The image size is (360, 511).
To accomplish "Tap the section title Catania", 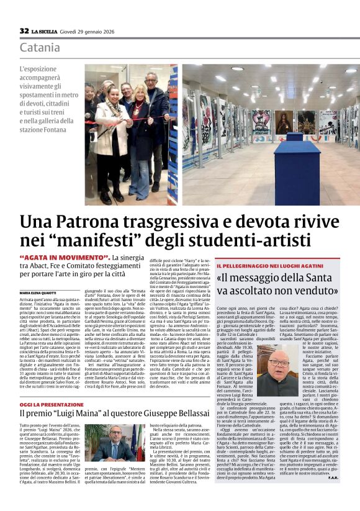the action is pos(40,48).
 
